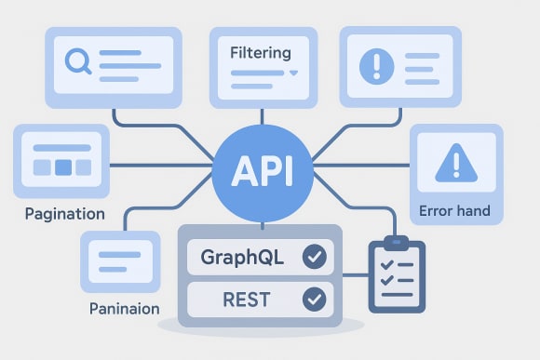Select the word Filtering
(260, 52)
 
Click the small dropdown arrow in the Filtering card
(293, 73)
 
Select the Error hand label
(455, 210)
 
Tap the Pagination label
(64, 213)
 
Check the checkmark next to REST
(314, 299)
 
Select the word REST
(247, 299)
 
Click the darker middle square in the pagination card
(62, 167)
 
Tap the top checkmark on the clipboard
(385, 265)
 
